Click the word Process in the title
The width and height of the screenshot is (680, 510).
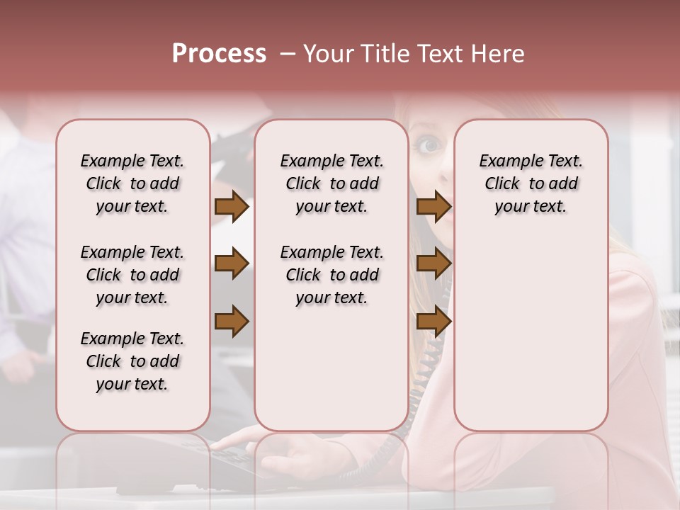[219, 54]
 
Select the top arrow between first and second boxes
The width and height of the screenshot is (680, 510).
[232, 207]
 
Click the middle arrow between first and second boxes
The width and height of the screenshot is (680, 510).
[232, 264]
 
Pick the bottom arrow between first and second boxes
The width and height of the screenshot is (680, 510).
[232, 322]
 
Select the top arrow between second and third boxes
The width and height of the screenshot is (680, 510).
[433, 207]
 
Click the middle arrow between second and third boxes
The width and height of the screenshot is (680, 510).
[433, 264]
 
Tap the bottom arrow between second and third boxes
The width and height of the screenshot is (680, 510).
[433, 322]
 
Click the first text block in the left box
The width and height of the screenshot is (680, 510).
[132, 183]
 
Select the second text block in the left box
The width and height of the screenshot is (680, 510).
[132, 275]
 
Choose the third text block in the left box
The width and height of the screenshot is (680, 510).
[132, 361]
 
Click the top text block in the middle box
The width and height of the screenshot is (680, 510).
[331, 183]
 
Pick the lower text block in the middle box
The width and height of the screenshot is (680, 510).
[331, 275]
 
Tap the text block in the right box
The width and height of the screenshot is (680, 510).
[531, 183]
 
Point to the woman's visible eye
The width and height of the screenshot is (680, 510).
[429, 146]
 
